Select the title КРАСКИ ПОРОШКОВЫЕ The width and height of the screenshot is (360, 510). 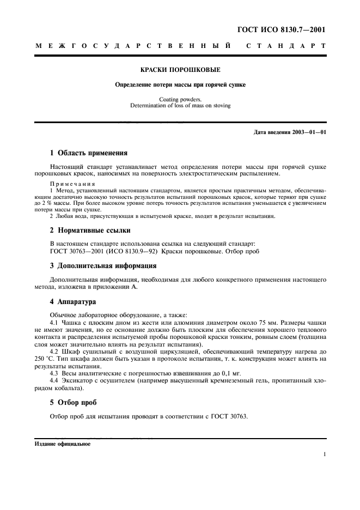[180, 70]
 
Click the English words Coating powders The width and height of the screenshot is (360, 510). [180, 99]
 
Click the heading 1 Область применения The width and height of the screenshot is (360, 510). [89, 153]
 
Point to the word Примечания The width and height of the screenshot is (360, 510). [68, 184]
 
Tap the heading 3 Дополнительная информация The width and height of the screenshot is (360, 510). [103, 266]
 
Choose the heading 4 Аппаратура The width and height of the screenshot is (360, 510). [73, 301]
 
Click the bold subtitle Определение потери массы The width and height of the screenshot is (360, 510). [180, 85]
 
